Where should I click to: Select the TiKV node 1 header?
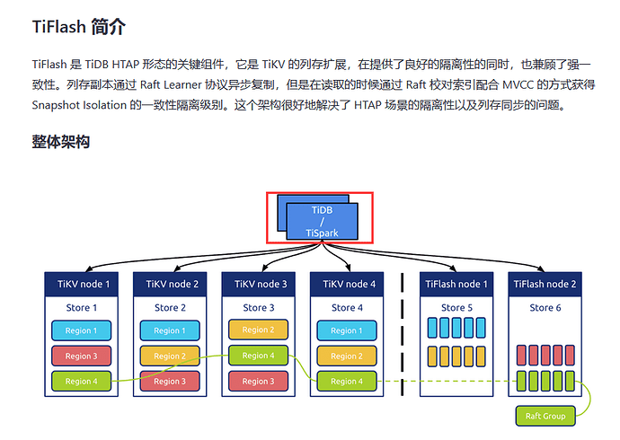click(x=83, y=285)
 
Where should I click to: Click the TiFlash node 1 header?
click(x=456, y=285)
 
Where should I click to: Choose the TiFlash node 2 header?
click(x=545, y=285)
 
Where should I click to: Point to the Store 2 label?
click(x=171, y=308)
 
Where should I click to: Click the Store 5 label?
click(x=456, y=308)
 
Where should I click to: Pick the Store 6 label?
click(x=545, y=308)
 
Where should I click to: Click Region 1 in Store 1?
click(x=82, y=330)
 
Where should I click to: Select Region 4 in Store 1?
click(x=82, y=381)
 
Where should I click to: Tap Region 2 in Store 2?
click(x=171, y=356)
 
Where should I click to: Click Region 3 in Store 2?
click(x=171, y=381)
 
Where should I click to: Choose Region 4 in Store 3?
click(x=259, y=356)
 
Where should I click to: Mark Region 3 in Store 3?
click(x=259, y=381)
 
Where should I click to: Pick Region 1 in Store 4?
click(x=347, y=330)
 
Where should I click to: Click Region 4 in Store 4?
click(x=347, y=381)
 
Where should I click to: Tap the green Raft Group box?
click(x=545, y=417)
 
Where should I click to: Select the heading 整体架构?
click(x=60, y=142)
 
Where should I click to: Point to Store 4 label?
click(x=348, y=308)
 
